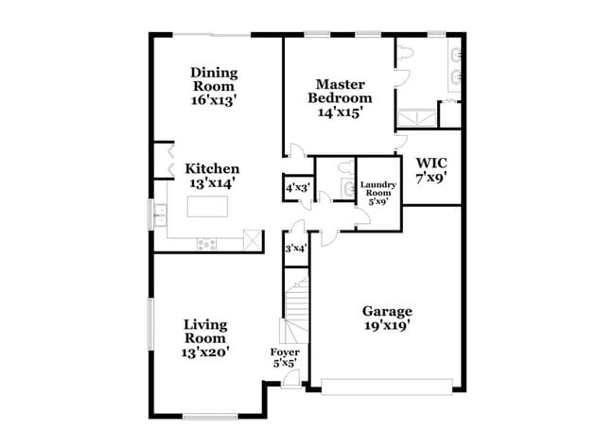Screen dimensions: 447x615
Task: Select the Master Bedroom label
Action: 341,91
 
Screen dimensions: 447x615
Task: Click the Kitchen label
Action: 212,169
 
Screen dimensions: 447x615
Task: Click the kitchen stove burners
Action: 207,245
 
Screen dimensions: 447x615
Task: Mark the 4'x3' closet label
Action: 297,188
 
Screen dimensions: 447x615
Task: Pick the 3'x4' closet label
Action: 295,249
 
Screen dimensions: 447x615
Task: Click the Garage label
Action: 388,311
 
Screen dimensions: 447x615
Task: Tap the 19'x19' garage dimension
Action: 388,328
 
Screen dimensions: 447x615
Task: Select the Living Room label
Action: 205,331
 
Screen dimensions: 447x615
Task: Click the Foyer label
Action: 286,352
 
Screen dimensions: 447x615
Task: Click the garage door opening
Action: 386,386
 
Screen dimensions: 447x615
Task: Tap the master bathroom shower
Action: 415,118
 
